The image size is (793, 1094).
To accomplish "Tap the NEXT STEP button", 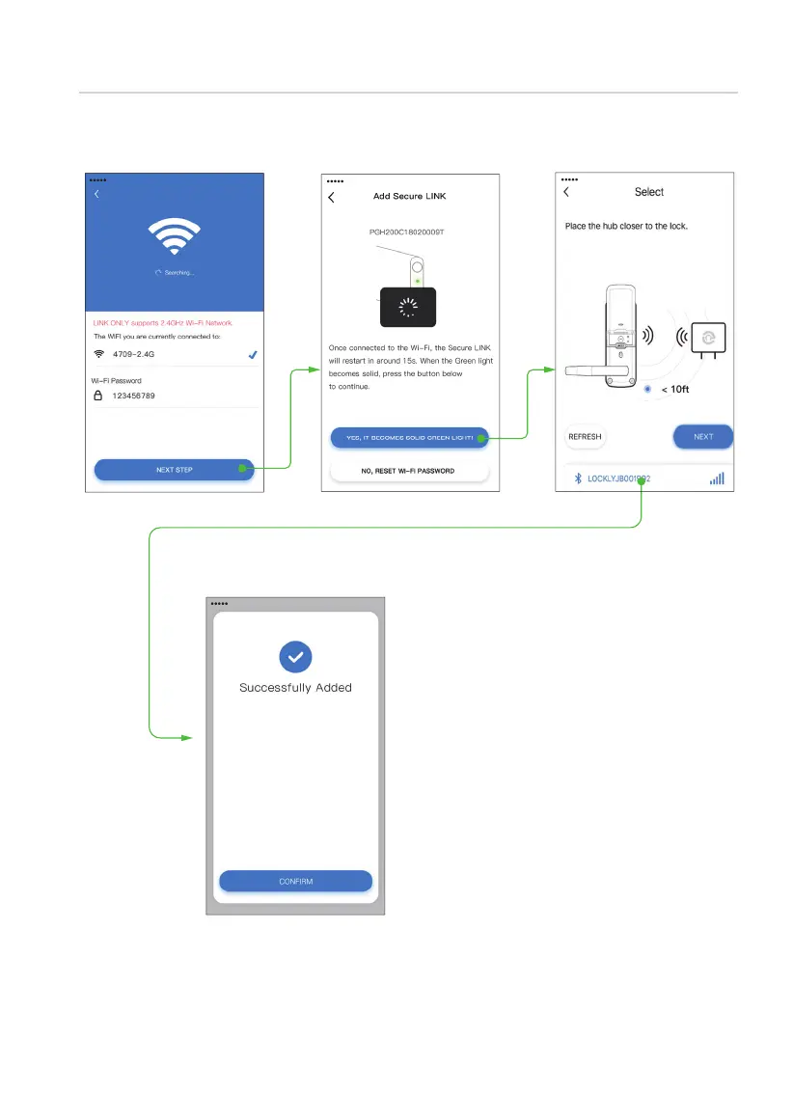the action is click(x=174, y=470).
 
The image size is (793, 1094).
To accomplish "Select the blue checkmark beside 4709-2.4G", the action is click(x=253, y=354).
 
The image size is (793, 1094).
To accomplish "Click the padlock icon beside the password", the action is click(x=98, y=396).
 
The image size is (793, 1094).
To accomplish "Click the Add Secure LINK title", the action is click(x=409, y=197).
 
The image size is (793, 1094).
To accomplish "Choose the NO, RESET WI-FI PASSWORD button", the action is click(x=409, y=471).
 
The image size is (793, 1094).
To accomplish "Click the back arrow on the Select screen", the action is click(x=566, y=192).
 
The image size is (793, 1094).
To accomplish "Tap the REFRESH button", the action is click(x=585, y=437).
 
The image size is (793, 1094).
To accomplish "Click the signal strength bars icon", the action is click(x=717, y=479).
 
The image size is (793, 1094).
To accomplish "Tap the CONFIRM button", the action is click(x=295, y=881).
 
